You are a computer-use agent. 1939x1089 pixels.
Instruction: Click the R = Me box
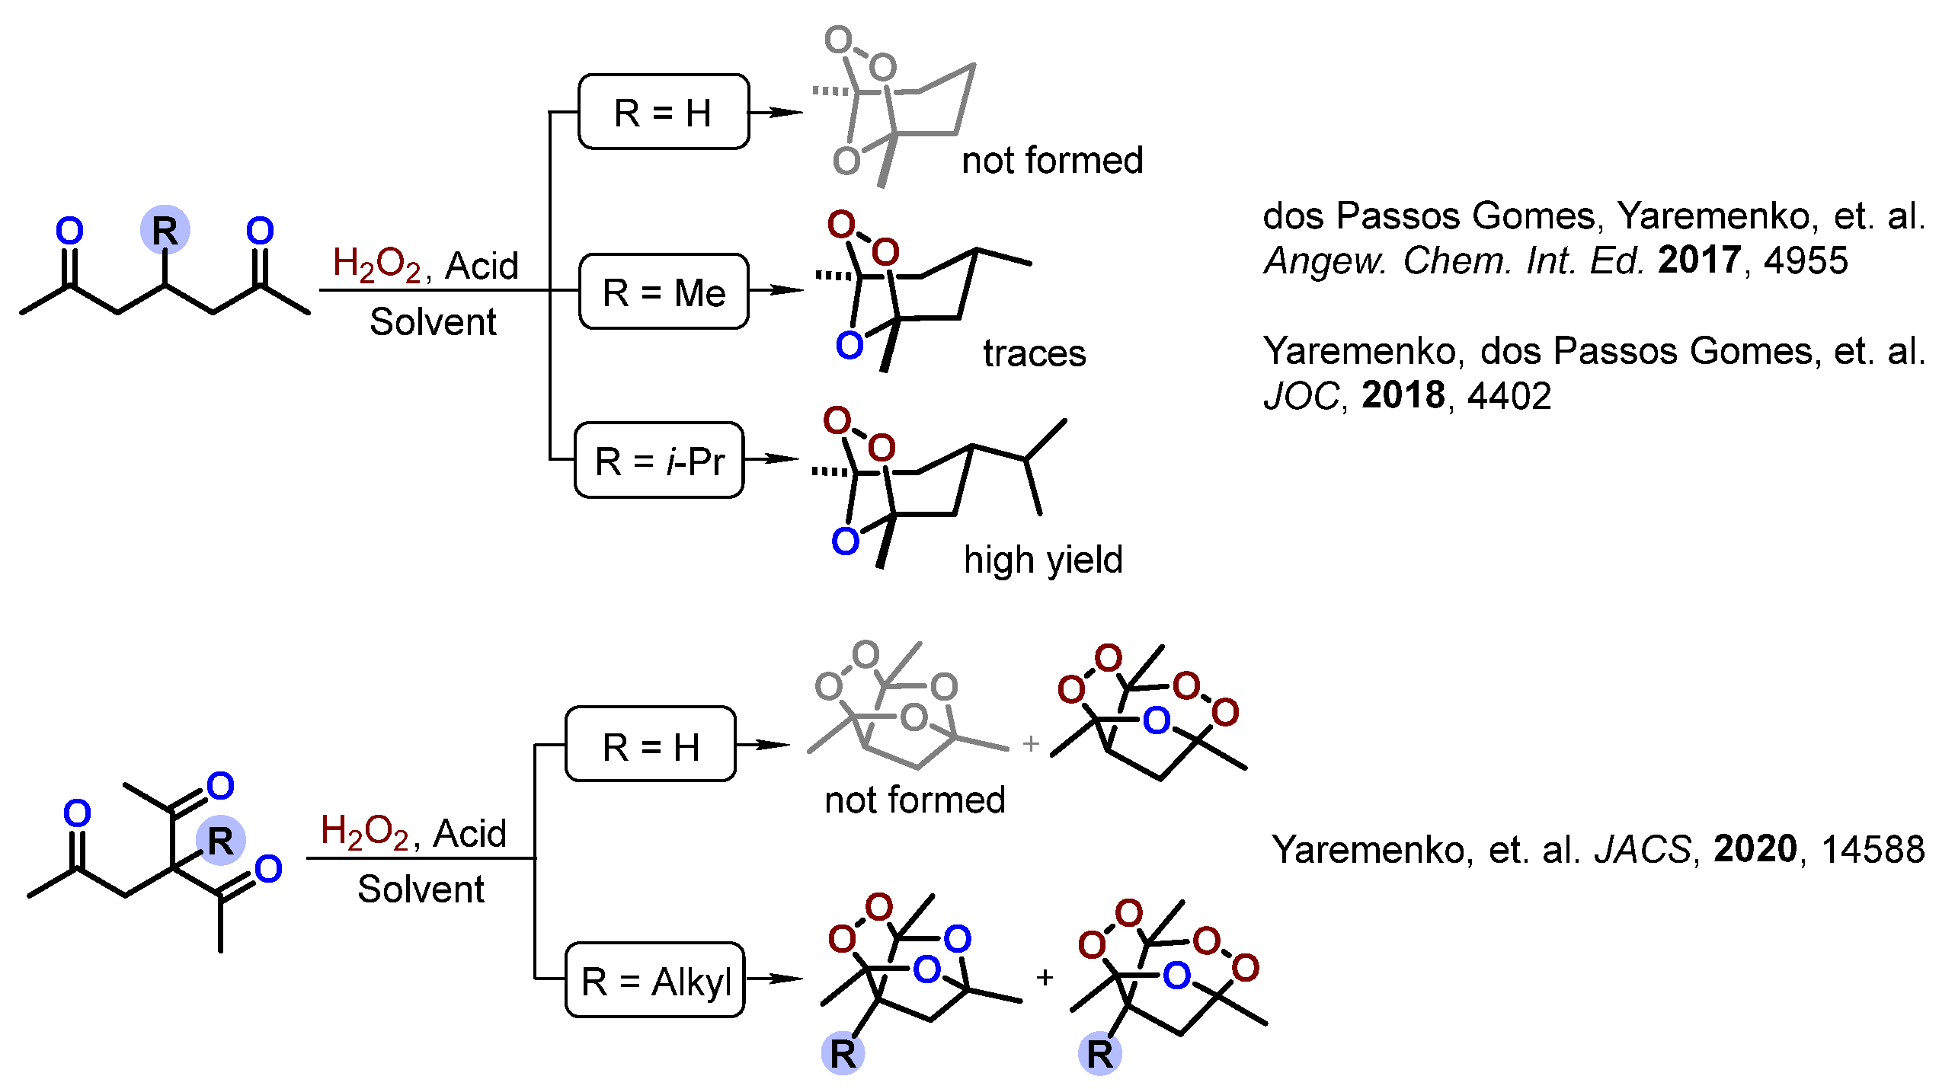[663, 292]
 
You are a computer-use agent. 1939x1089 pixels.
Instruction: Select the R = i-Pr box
[659, 461]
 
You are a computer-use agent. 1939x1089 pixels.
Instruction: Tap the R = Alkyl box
[655, 981]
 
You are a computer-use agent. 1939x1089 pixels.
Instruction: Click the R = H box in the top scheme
[663, 113]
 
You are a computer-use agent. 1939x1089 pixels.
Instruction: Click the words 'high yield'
[1043, 560]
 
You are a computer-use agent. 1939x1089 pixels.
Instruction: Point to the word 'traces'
[1034, 353]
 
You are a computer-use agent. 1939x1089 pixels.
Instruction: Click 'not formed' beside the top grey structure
[1052, 161]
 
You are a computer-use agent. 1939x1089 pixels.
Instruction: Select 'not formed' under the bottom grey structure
[914, 800]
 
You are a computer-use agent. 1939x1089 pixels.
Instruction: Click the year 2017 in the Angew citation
[1699, 260]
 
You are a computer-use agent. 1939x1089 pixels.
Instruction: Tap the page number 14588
[1873, 849]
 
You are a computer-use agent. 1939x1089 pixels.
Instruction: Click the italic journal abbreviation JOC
[1301, 396]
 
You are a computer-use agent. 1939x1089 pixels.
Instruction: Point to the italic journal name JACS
[1643, 849]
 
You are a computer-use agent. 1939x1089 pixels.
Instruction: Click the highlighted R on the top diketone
[165, 230]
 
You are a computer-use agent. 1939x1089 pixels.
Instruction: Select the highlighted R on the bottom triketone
[220, 841]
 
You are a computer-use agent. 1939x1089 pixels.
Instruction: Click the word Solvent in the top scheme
[433, 322]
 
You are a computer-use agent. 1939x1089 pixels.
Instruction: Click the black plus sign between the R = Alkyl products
[1045, 977]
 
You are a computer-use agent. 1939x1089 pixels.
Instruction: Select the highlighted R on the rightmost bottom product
[1099, 1054]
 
